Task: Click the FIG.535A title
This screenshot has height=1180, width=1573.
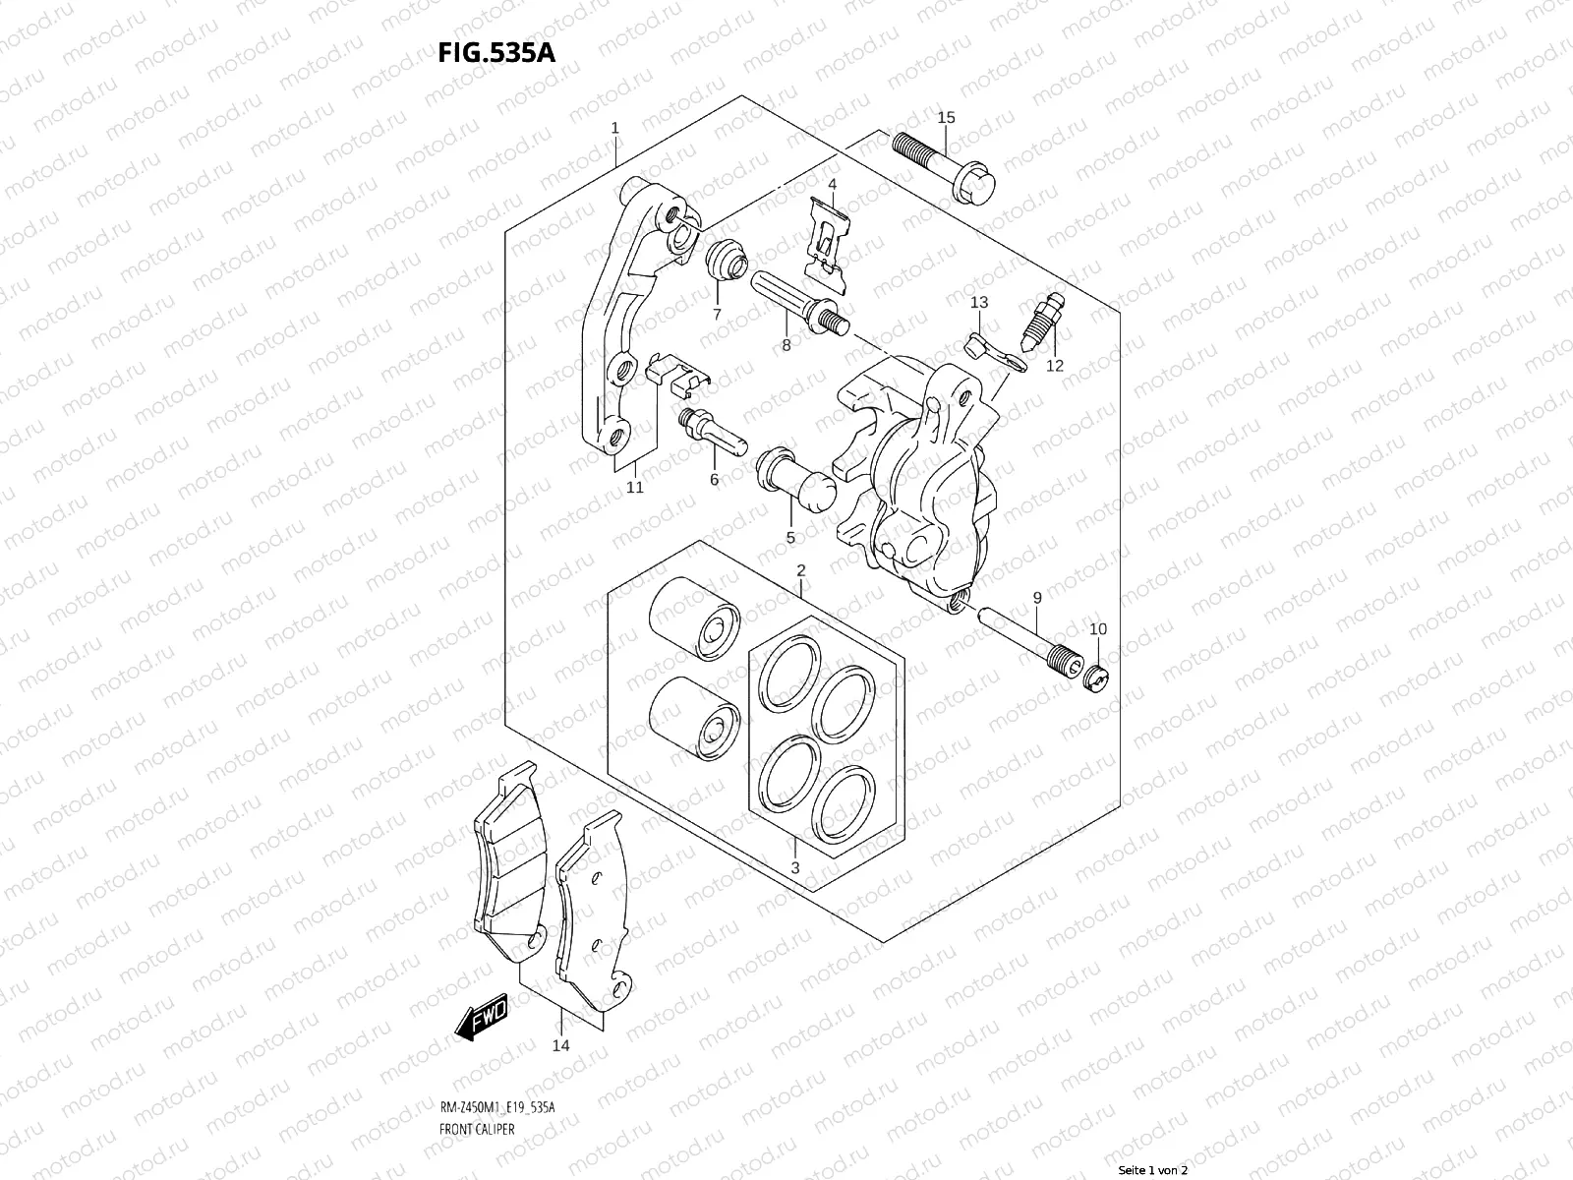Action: (497, 51)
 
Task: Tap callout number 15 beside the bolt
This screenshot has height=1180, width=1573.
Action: (946, 118)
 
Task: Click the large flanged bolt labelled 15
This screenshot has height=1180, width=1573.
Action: (944, 164)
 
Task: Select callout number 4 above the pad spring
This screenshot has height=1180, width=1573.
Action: (832, 184)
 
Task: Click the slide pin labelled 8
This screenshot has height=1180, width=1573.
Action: (797, 300)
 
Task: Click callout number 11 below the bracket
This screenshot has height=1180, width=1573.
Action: (635, 487)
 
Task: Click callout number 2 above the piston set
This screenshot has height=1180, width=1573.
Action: (801, 570)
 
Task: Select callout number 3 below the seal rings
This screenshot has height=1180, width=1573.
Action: (794, 867)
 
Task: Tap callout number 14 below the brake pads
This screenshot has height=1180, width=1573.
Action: (560, 1045)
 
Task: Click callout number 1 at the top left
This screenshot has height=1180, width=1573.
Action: (614, 128)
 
